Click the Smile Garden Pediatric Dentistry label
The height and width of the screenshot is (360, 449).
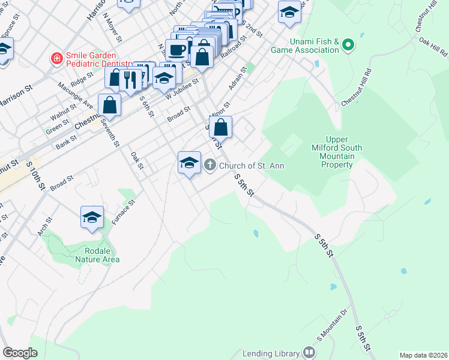point(99,59)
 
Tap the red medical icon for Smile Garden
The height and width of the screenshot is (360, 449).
point(56,59)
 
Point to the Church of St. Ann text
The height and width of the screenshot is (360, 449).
point(252,166)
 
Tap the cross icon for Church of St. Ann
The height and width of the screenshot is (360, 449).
point(210,165)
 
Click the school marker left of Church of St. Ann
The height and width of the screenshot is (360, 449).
point(189,163)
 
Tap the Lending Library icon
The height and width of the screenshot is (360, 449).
point(309,353)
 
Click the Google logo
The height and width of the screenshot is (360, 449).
point(20,353)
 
